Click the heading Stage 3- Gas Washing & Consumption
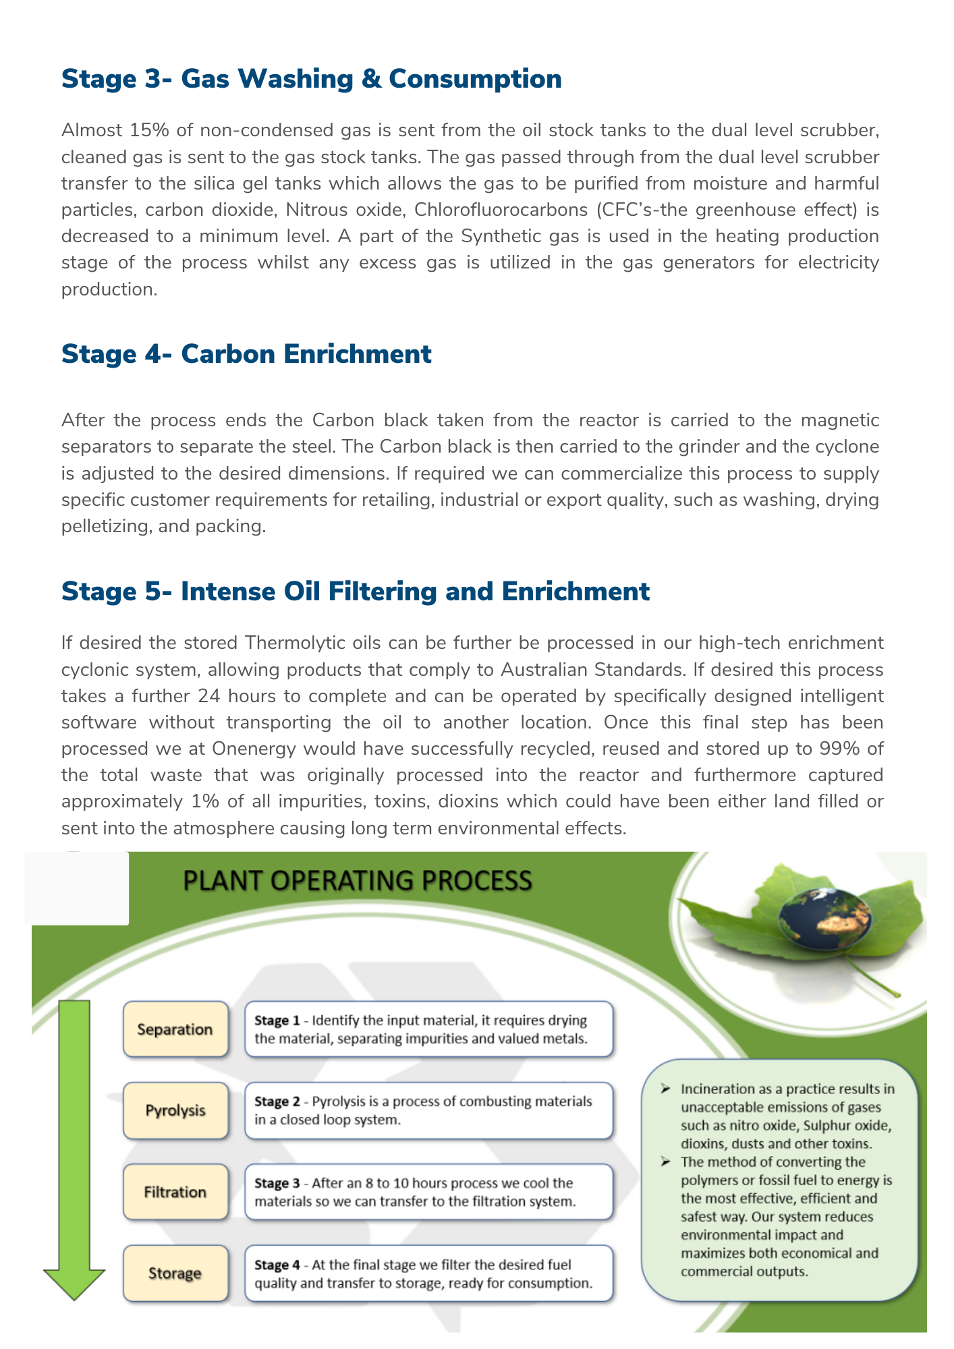311,79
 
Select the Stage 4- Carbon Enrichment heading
246,354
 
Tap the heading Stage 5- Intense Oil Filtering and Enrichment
356,592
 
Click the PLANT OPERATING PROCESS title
358,881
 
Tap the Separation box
175,1029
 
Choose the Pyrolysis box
175,1110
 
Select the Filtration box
175,1192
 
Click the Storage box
175,1273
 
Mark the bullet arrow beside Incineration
665,1089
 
